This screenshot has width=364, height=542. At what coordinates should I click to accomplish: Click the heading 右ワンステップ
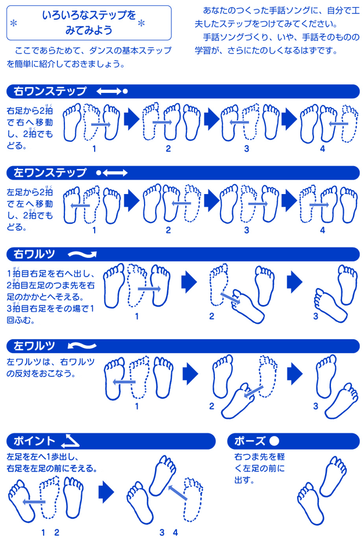pos(50,91)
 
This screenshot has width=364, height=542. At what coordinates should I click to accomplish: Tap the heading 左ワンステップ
pos(50,173)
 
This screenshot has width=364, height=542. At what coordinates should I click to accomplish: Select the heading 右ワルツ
pos(34,254)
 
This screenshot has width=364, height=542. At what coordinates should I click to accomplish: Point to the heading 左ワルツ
pos(34,346)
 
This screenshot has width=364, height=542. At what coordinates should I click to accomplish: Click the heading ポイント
pos(34,441)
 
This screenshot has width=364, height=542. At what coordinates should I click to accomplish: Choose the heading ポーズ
pos(250,441)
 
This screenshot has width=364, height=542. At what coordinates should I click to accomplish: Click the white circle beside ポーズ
pos(274,441)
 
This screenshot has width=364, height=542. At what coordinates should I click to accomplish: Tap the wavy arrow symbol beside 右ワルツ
pos(82,255)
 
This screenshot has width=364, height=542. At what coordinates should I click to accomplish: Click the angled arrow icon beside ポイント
pos(70,440)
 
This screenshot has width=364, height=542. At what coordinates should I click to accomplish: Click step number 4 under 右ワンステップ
pos(322,149)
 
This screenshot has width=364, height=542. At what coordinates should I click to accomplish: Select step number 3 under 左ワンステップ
pos(246,230)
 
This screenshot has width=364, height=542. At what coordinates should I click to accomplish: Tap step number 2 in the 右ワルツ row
pos(211,316)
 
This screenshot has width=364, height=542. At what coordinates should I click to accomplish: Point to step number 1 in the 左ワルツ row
pos(137,406)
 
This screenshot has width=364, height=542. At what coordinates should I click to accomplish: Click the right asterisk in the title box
pos(141,23)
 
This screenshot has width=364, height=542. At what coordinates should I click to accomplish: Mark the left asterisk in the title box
pos(14,23)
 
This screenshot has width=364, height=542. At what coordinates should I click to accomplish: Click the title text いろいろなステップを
pos(89,15)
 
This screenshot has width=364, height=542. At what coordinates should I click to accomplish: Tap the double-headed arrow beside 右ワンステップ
pos(109,91)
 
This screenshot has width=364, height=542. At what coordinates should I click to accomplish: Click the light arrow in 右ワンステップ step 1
pos(101,124)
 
